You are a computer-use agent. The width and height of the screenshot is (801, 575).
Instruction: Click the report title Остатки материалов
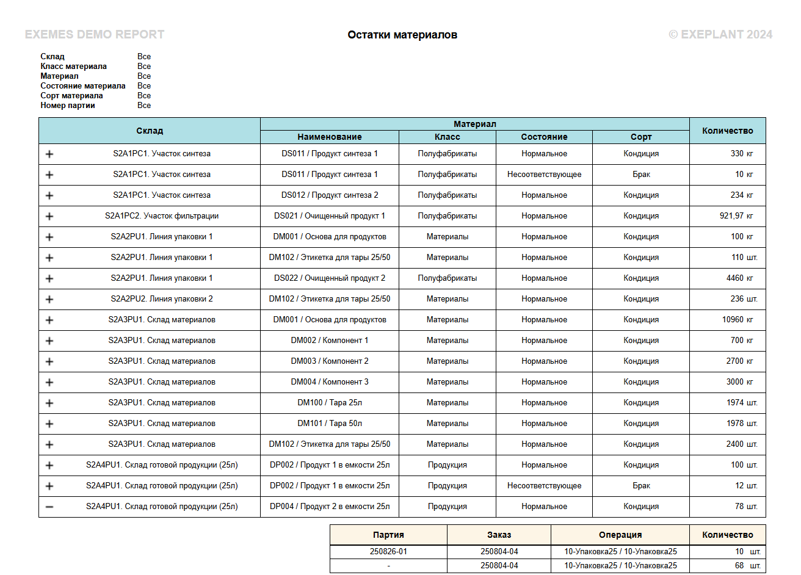click(x=402, y=35)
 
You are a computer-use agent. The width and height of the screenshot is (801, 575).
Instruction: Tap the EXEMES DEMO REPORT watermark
click(x=95, y=35)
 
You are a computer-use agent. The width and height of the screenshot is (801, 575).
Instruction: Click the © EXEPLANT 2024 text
click(x=720, y=35)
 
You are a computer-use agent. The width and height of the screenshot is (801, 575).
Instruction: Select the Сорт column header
click(x=641, y=137)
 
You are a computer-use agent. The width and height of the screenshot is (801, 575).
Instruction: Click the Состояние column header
click(x=544, y=137)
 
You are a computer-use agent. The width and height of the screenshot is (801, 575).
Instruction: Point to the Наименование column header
click(x=329, y=137)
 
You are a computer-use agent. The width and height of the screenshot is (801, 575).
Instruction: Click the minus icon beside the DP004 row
click(x=49, y=507)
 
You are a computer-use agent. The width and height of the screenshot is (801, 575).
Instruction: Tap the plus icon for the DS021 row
click(x=49, y=216)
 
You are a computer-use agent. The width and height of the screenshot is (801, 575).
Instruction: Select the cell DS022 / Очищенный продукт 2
click(x=329, y=278)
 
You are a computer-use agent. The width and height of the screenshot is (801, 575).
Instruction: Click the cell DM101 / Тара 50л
click(x=329, y=424)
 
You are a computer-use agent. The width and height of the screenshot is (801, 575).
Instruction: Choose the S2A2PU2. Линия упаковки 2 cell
click(x=162, y=299)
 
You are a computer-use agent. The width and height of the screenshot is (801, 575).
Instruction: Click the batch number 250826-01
click(x=388, y=551)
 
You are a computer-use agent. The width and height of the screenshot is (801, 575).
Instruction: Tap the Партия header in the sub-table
click(x=388, y=535)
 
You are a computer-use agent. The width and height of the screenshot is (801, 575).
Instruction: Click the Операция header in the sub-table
click(x=620, y=535)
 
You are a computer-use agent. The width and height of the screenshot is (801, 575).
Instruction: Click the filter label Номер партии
click(x=68, y=106)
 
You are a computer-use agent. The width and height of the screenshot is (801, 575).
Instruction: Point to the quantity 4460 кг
click(x=739, y=278)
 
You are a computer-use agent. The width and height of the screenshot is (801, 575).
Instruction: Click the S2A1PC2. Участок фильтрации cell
click(x=162, y=216)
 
